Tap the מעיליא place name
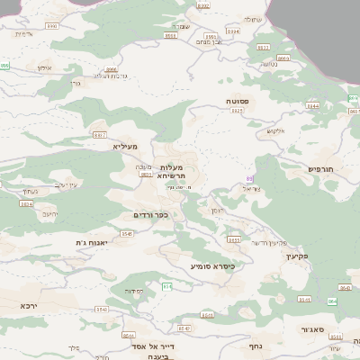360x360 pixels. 125,146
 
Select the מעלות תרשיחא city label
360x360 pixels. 170,171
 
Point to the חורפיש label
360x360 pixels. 321,168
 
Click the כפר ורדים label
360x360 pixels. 150,215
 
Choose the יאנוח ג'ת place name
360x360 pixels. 92,242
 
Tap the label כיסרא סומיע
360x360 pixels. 212,266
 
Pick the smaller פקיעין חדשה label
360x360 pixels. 269,243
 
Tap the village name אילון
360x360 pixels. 46,67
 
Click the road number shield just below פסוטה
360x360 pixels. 238,112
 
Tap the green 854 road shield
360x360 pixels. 166,286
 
